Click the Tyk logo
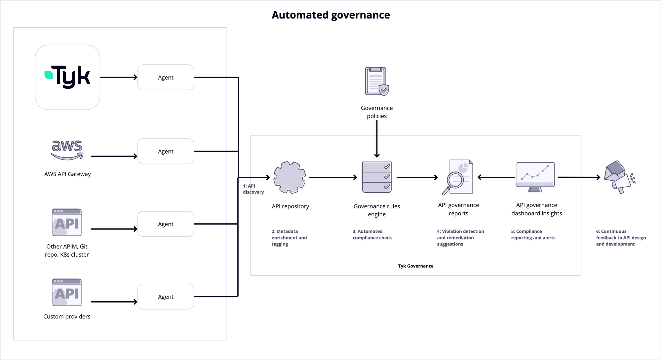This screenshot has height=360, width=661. (67, 77)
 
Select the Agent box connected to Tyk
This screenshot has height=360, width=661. (166, 77)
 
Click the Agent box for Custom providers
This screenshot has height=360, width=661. (166, 297)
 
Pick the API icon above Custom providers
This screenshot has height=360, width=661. (67, 292)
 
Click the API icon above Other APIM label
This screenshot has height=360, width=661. (67, 222)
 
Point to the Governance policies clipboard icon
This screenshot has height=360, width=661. (376, 81)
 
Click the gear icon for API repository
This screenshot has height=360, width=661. (290, 177)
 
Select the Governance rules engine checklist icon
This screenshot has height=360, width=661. (376, 177)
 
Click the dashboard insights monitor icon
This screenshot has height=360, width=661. (535, 177)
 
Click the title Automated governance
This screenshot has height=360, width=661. (330, 15)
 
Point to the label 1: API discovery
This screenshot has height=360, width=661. (253, 189)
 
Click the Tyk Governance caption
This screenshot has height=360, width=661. (415, 266)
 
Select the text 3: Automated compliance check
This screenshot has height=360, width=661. (372, 234)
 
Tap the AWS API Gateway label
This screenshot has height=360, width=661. (67, 174)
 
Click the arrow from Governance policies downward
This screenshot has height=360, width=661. (377, 139)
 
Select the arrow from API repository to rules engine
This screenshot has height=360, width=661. (333, 177)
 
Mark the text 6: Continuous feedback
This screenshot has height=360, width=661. (620, 237)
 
